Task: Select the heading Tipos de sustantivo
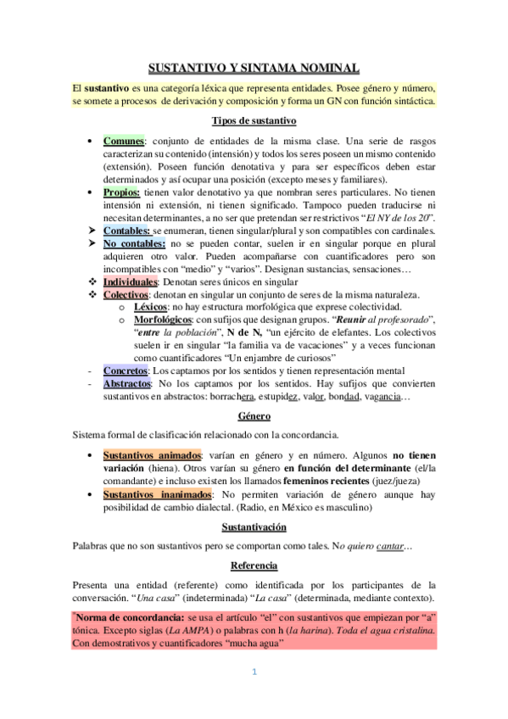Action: point(254,120)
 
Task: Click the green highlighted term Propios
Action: point(122,193)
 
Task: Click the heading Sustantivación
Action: point(254,527)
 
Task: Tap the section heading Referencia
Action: point(254,566)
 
